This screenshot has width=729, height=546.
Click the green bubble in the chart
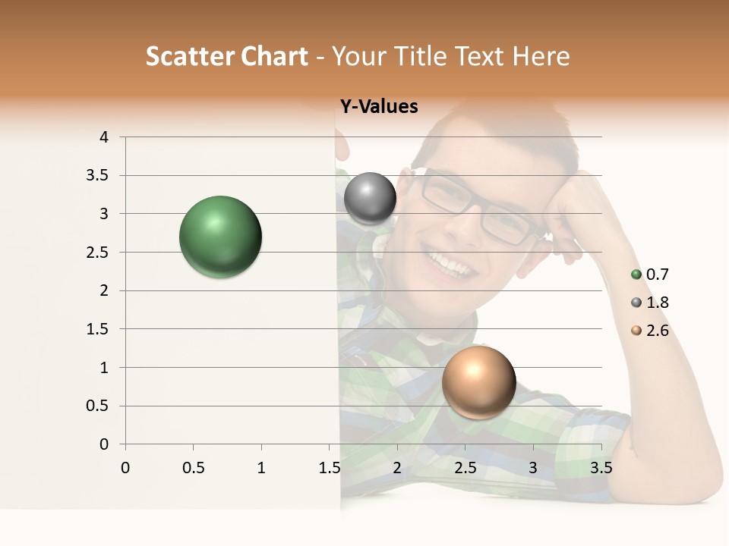pyautogui.click(x=220, y=237)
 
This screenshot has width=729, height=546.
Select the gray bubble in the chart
pyautogui.click(x=370, y=199)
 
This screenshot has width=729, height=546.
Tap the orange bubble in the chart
pyautogui.click(x=478, y=382)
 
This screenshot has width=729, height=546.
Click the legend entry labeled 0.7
pyautogui.click(x=650, y=275)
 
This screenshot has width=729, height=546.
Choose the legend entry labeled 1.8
pyautogui.click(x=650, y=303)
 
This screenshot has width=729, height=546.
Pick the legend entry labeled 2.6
pyautogui.click(x=650, y=331)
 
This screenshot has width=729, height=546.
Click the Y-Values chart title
pyautogui.click(x=378, y=107)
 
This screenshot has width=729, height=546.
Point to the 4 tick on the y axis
pyautogui.click(x=104, y=137)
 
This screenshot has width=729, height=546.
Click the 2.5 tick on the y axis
pyautogui.click(x=99, y=253)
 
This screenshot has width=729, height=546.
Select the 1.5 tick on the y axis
pyautogui.click(x=99, y=329)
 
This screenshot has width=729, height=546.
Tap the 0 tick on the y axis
pyautogui.click(x=104, y=444)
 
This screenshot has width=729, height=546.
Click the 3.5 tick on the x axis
pyautogui.click(x=601, y=468)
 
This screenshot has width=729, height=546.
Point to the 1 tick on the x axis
pyautogui.click(x=261, y=468)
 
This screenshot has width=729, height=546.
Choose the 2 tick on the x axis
pyautogui.click(x=397, y=468)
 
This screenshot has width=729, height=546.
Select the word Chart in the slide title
pyautogui.click(x=272, y=56)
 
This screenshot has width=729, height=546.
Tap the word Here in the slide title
pyautogui.click(x=541, y=56)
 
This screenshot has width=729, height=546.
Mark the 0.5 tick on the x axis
pyautogui.click(x=193, y=468)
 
